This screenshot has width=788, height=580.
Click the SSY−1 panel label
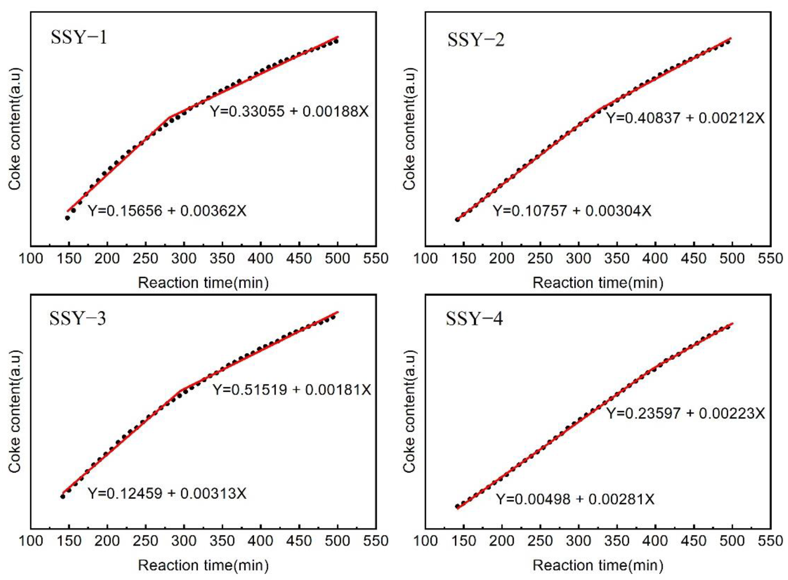pyautogui.click(x=79, y=37)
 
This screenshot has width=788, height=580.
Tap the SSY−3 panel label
pyautogui.click(x=78, y=318)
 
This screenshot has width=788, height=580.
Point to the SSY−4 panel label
pyautogui.click(x=474, y=318)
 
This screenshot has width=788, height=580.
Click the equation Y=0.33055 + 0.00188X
pyautogui.click(x=289, y=112)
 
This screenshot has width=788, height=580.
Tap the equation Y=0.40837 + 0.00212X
pyautogui.click(x=685, y=118)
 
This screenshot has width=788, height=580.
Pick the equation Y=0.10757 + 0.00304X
pyautogui.click(x=572, y=211)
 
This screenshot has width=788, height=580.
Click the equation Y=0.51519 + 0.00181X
pyautogui.click(x=292, y=390)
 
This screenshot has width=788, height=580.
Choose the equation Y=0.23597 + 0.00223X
pyautogui.click(x=685, y=413)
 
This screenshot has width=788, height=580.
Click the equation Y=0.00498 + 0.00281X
pyautogui.click(x=575, y=499)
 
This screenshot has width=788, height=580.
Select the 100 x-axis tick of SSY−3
pyautogui.click(x=31, y=541)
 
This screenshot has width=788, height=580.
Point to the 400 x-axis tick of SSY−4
pyautogui.click(x=655, y=541)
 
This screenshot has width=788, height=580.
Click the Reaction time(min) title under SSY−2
pyautogui.click(x=598, y=283)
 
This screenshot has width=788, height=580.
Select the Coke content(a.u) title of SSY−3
pyautogui.click(x=15, y=411)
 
